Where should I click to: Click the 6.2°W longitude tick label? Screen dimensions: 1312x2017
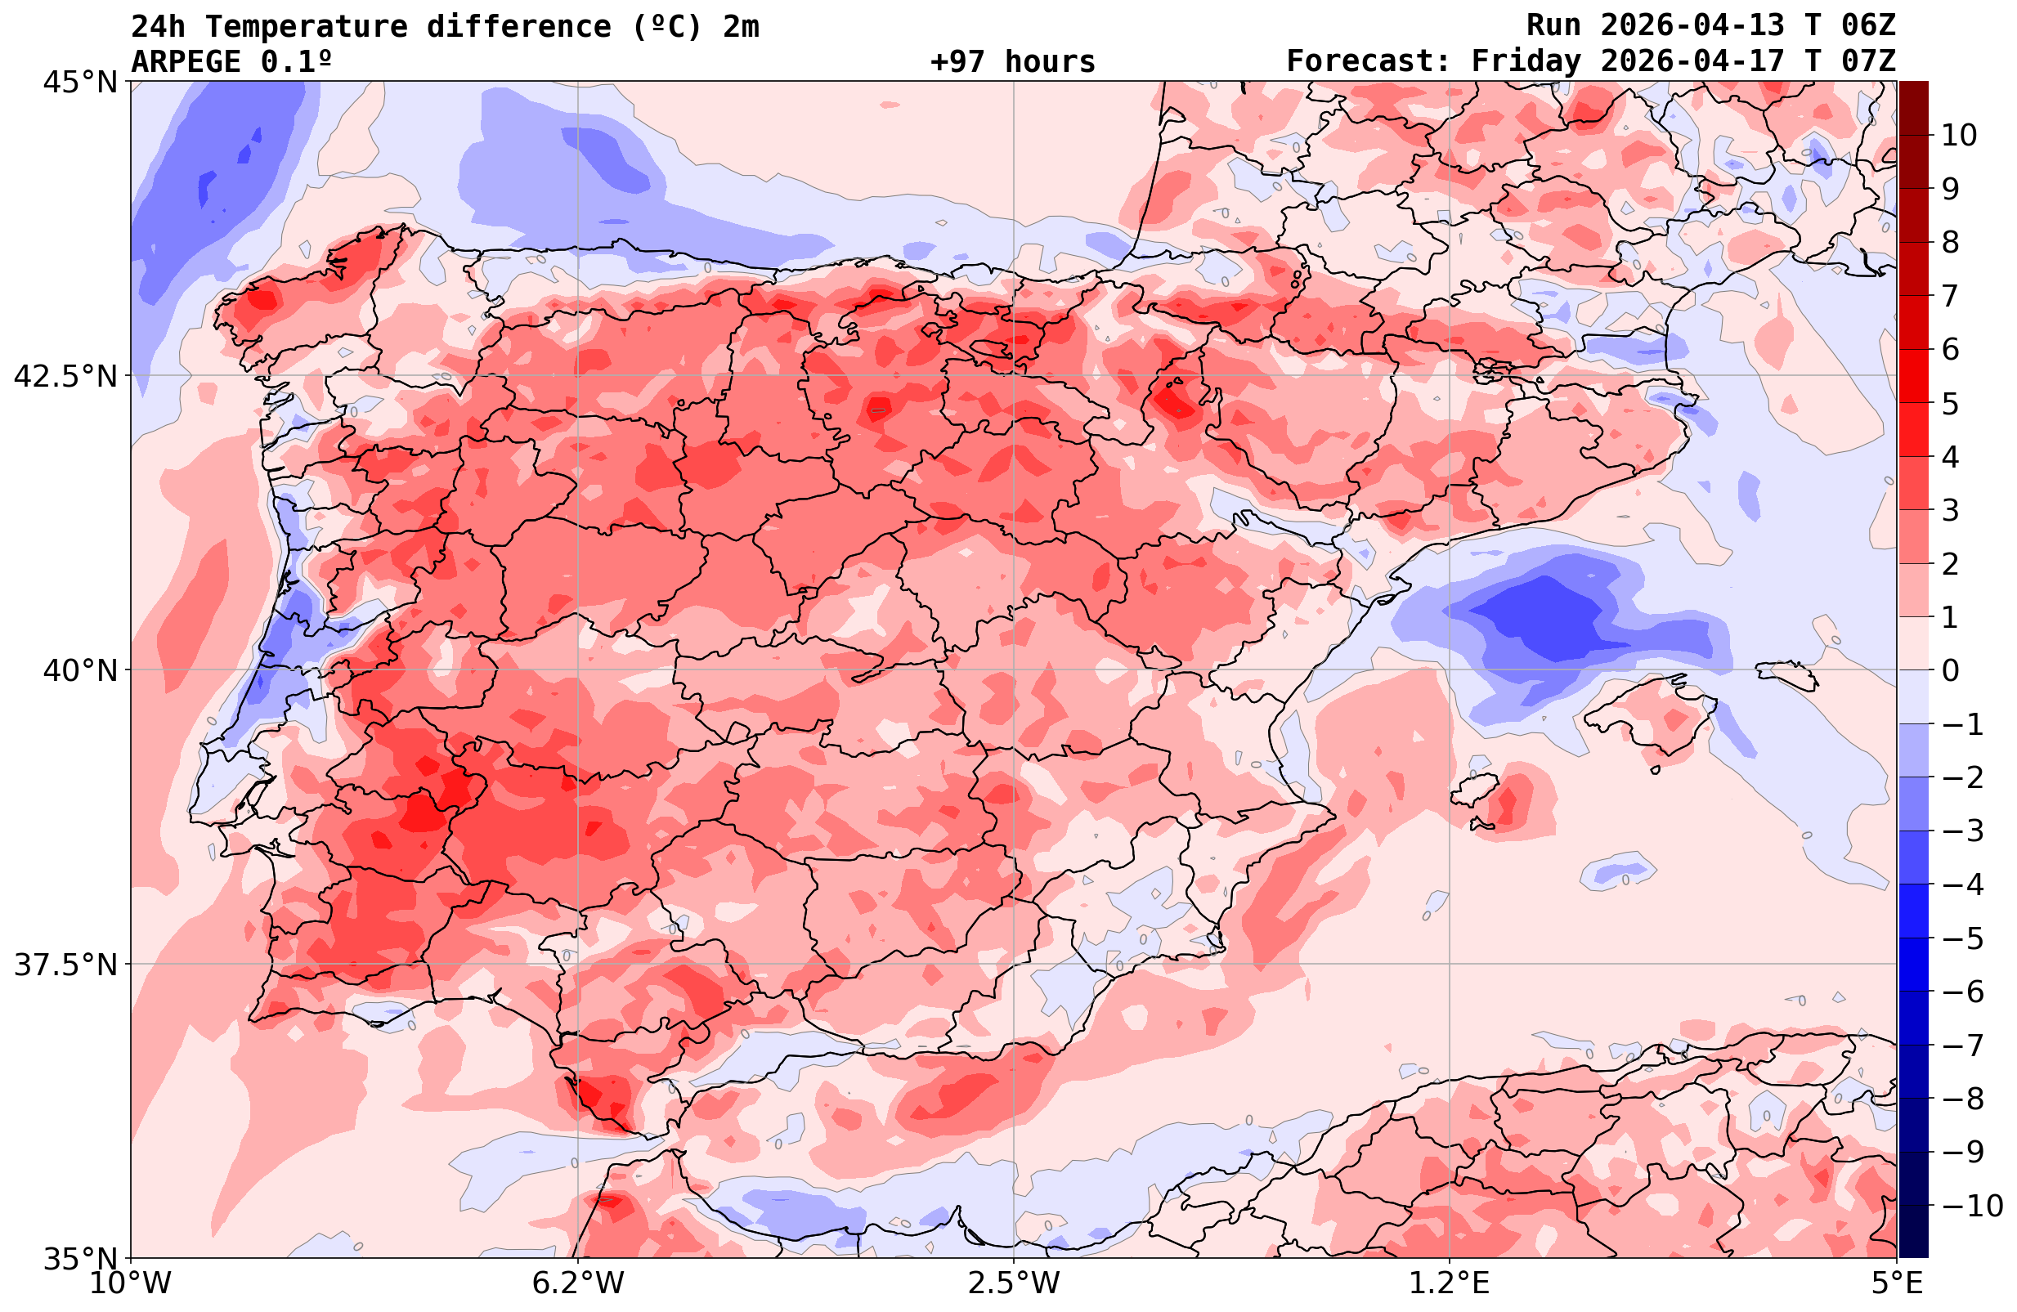(x=577, y=1283)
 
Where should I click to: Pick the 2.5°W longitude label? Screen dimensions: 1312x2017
(x=1014, y=1283)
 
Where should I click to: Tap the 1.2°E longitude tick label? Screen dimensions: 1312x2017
(x=1450, y=1283)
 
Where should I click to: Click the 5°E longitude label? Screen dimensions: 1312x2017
(x=1896, y=1283)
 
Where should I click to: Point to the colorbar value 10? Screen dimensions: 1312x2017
(x=1958, y=135)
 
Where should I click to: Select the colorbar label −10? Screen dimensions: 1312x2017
(x=1971, y=1204)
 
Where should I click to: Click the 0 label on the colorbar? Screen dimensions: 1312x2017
(x=1950, y=670)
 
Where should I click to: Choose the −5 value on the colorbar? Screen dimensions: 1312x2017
(x=1962, y=938)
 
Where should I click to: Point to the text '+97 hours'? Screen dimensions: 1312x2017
(x=1013, y=61)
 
